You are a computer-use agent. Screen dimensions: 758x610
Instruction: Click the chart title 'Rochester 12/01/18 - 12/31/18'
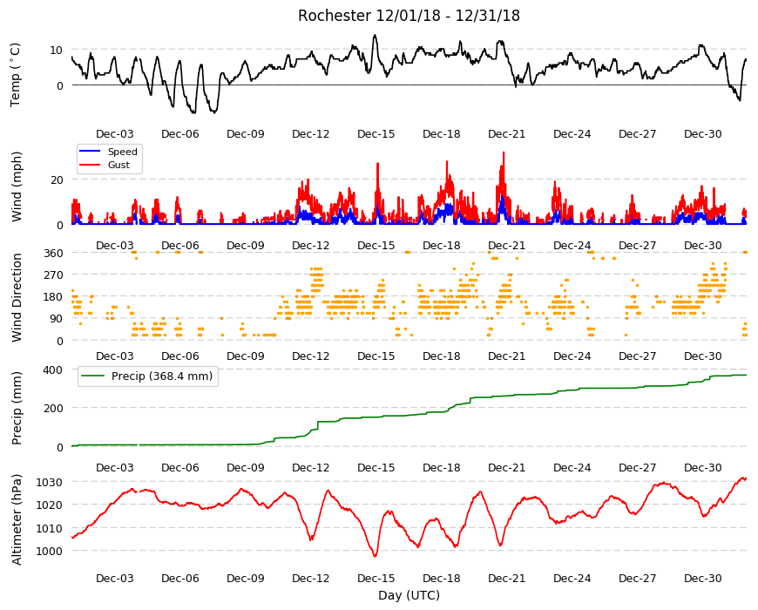click(x=409, y=16)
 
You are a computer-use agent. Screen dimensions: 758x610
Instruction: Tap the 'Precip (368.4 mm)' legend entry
click(x=147, y=376)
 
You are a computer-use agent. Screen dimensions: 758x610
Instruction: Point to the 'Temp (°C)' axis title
click(x=16, y=75)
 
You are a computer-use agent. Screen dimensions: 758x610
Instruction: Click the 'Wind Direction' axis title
click(x=17, y=297)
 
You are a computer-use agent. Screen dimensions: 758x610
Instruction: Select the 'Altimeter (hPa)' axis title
click(x=17, y=519)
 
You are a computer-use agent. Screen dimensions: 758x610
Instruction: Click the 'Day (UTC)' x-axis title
click(x=409, y=595)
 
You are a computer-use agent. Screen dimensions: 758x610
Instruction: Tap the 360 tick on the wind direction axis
click(x=54, y=254)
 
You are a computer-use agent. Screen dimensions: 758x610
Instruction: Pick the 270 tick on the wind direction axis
click(x=54, y=275)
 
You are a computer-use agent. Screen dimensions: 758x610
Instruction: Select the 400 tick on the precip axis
click(x=54, y=370)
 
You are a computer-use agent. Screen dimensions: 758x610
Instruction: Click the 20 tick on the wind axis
click(x=57, y=180)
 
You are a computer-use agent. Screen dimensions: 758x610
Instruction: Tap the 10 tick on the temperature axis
click(x=57, y=51)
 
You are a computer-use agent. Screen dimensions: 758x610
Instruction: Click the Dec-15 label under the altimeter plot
click(x=376, y=579)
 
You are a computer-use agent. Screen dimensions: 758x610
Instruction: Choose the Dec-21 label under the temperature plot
click(x=506, y=134)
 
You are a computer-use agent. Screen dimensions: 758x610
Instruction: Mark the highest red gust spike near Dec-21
click(x=504, y=152)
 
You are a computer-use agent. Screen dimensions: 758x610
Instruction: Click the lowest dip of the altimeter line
click(x=376, y=556)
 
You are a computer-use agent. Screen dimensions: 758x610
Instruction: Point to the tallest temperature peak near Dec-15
click(x=375, y=35)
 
